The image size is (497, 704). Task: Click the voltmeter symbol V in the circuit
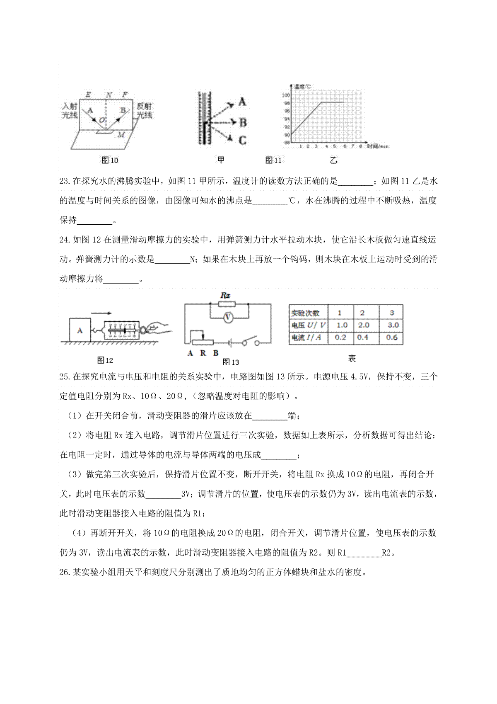(x=227, y=318)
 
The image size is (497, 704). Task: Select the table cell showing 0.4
(x=362, y=337)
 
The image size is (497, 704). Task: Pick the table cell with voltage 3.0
(x=391, y=325)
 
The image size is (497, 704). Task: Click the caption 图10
(x=110, y=160)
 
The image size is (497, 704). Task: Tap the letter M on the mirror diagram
(x=121, y=135)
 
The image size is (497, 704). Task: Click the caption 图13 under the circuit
(x=231, y=362)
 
